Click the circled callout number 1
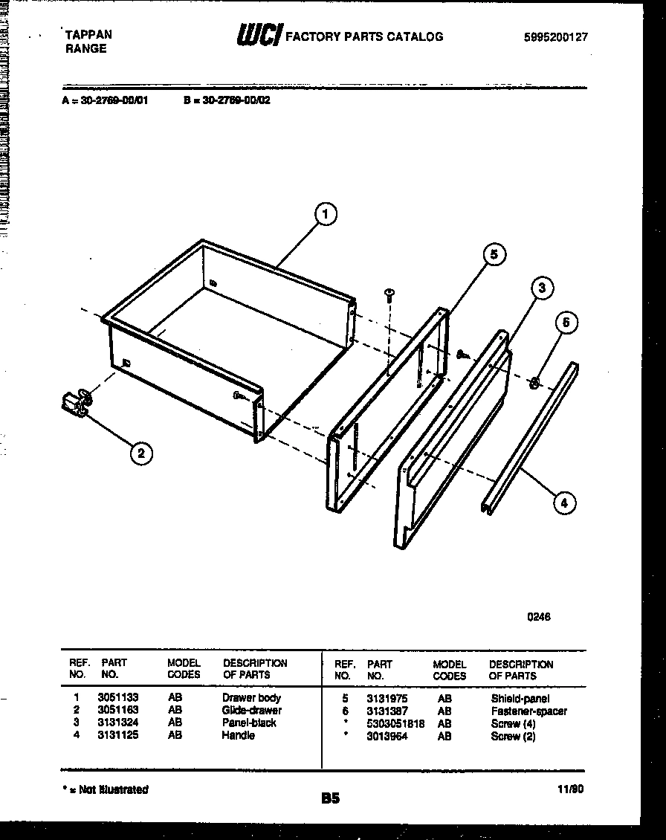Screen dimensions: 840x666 323,216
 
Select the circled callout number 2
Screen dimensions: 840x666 140,451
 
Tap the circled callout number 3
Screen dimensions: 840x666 543,288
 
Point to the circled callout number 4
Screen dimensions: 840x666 564,503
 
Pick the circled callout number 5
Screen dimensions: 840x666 494,255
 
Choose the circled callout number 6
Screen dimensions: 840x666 566,323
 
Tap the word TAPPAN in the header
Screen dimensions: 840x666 89,35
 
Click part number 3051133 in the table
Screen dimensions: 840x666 117,698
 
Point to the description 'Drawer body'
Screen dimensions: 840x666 251,698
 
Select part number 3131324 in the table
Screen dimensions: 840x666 117,723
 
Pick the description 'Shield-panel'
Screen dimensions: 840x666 520,699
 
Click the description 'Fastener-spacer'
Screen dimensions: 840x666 528,711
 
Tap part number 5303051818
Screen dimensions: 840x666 395,723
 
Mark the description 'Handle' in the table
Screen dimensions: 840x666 238,735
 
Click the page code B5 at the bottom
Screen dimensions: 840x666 330,799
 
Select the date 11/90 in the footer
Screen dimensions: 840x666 570,790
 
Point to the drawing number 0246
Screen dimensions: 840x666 539,616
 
